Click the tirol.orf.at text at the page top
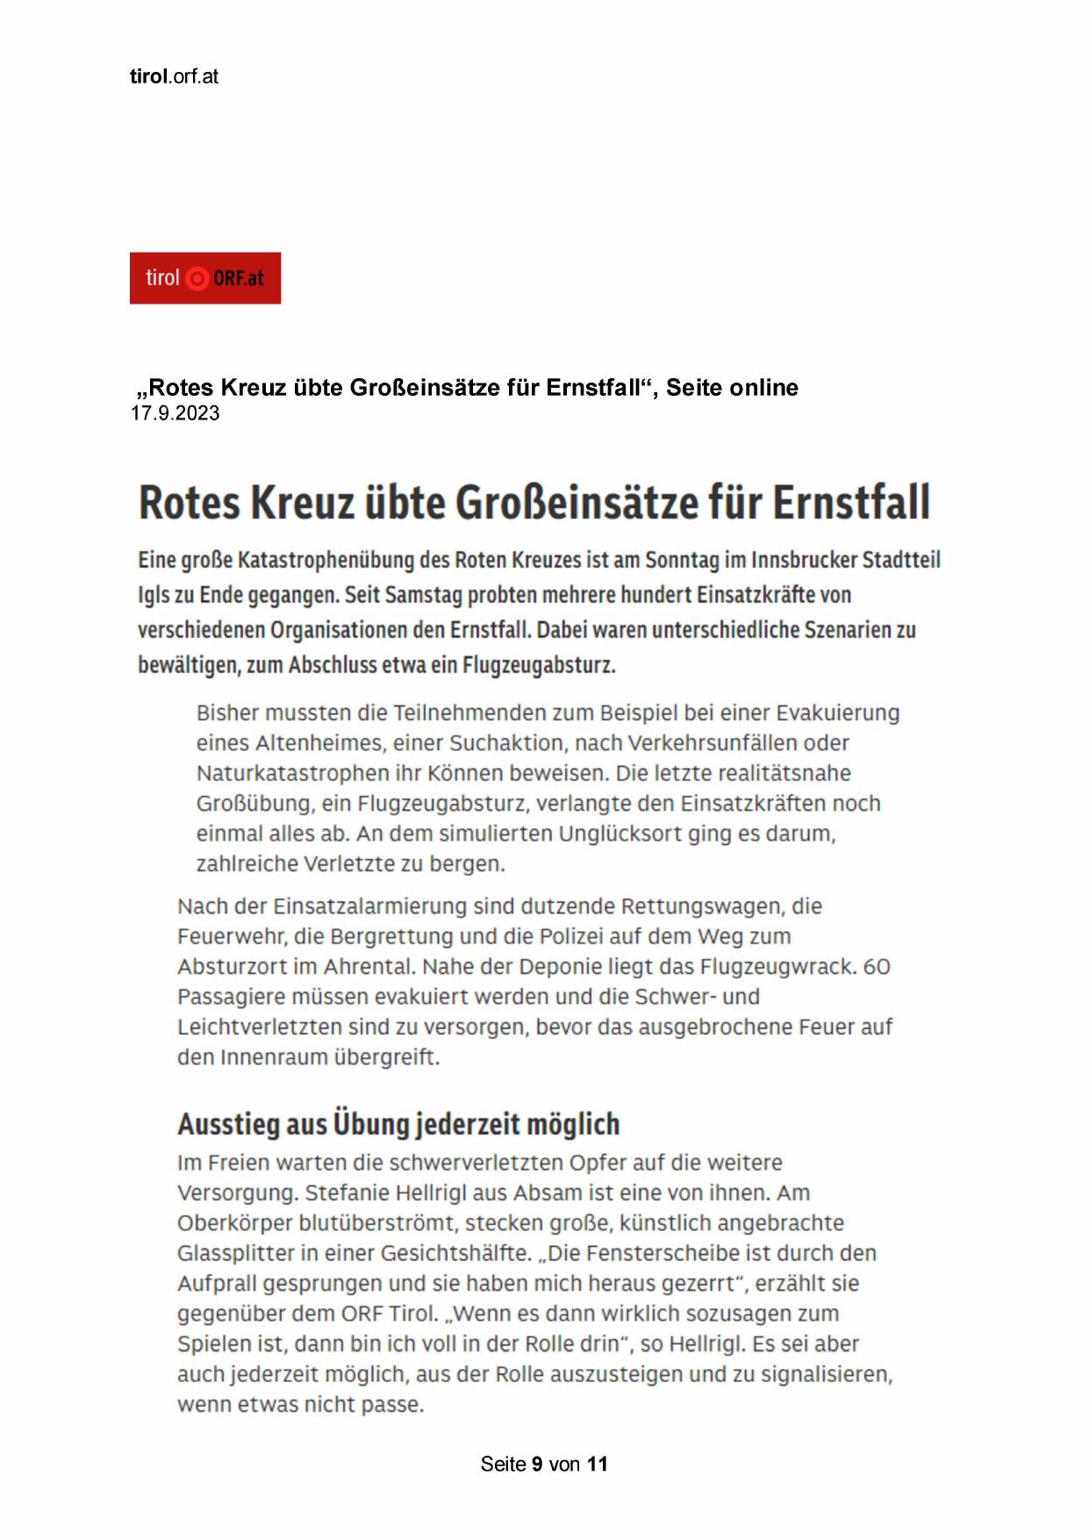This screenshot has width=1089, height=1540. click(x=174, y=76)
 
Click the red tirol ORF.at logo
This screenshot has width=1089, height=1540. click(x=204, y=278)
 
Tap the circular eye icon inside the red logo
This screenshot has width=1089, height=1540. click(x=198, y=279)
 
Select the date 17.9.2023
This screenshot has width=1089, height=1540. click(x=176, y=413)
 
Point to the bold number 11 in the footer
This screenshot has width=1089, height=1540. click(x=598, y=1464)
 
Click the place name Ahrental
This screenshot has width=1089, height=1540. click(x=369, y=966)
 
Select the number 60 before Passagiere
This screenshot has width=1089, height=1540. click(x=877, y=966)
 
